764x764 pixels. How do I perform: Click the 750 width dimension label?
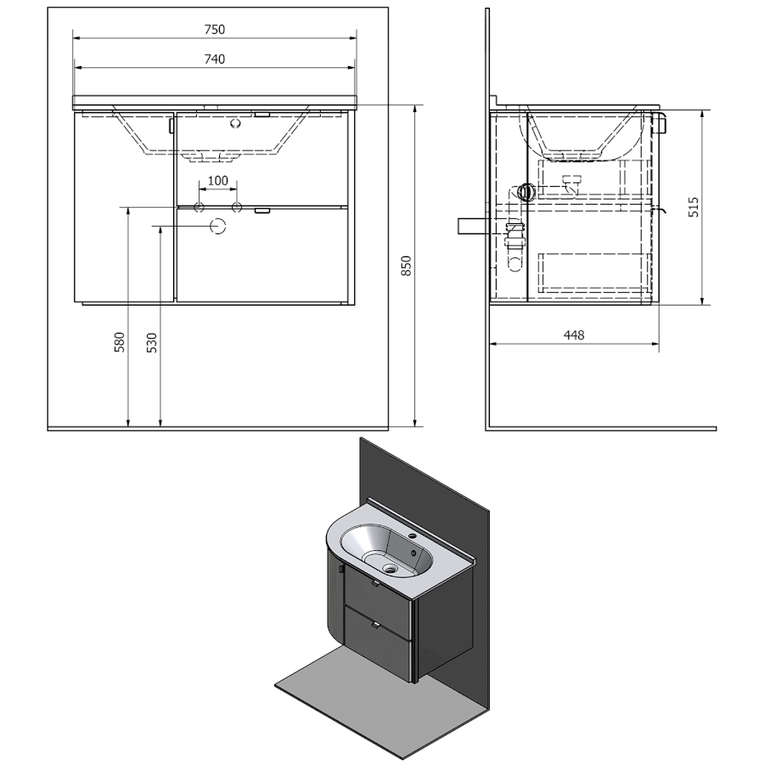pyautogui.click(x=215, y=30)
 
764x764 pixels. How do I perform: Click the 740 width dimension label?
pyautogui.click(x=215, y=59)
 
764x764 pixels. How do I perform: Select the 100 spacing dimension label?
pyautogui.click(x=218, y=182)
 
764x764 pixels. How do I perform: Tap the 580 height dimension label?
pyautogui.click(x=120, y=342)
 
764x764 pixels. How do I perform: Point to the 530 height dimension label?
pyautogui.click(x=153, y=343)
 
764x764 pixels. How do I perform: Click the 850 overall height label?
pyautogui.click(x=407, y=266)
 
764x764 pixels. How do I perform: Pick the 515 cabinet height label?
pyautogui.click(x=694, y=207)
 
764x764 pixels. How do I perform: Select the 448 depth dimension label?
pyautogui.click(x=574, y=335)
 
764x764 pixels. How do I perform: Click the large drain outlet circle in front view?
pyautogui.click(x=218, y=226)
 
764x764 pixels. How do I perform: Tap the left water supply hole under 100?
pyautogui.click(x=199, y=208)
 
